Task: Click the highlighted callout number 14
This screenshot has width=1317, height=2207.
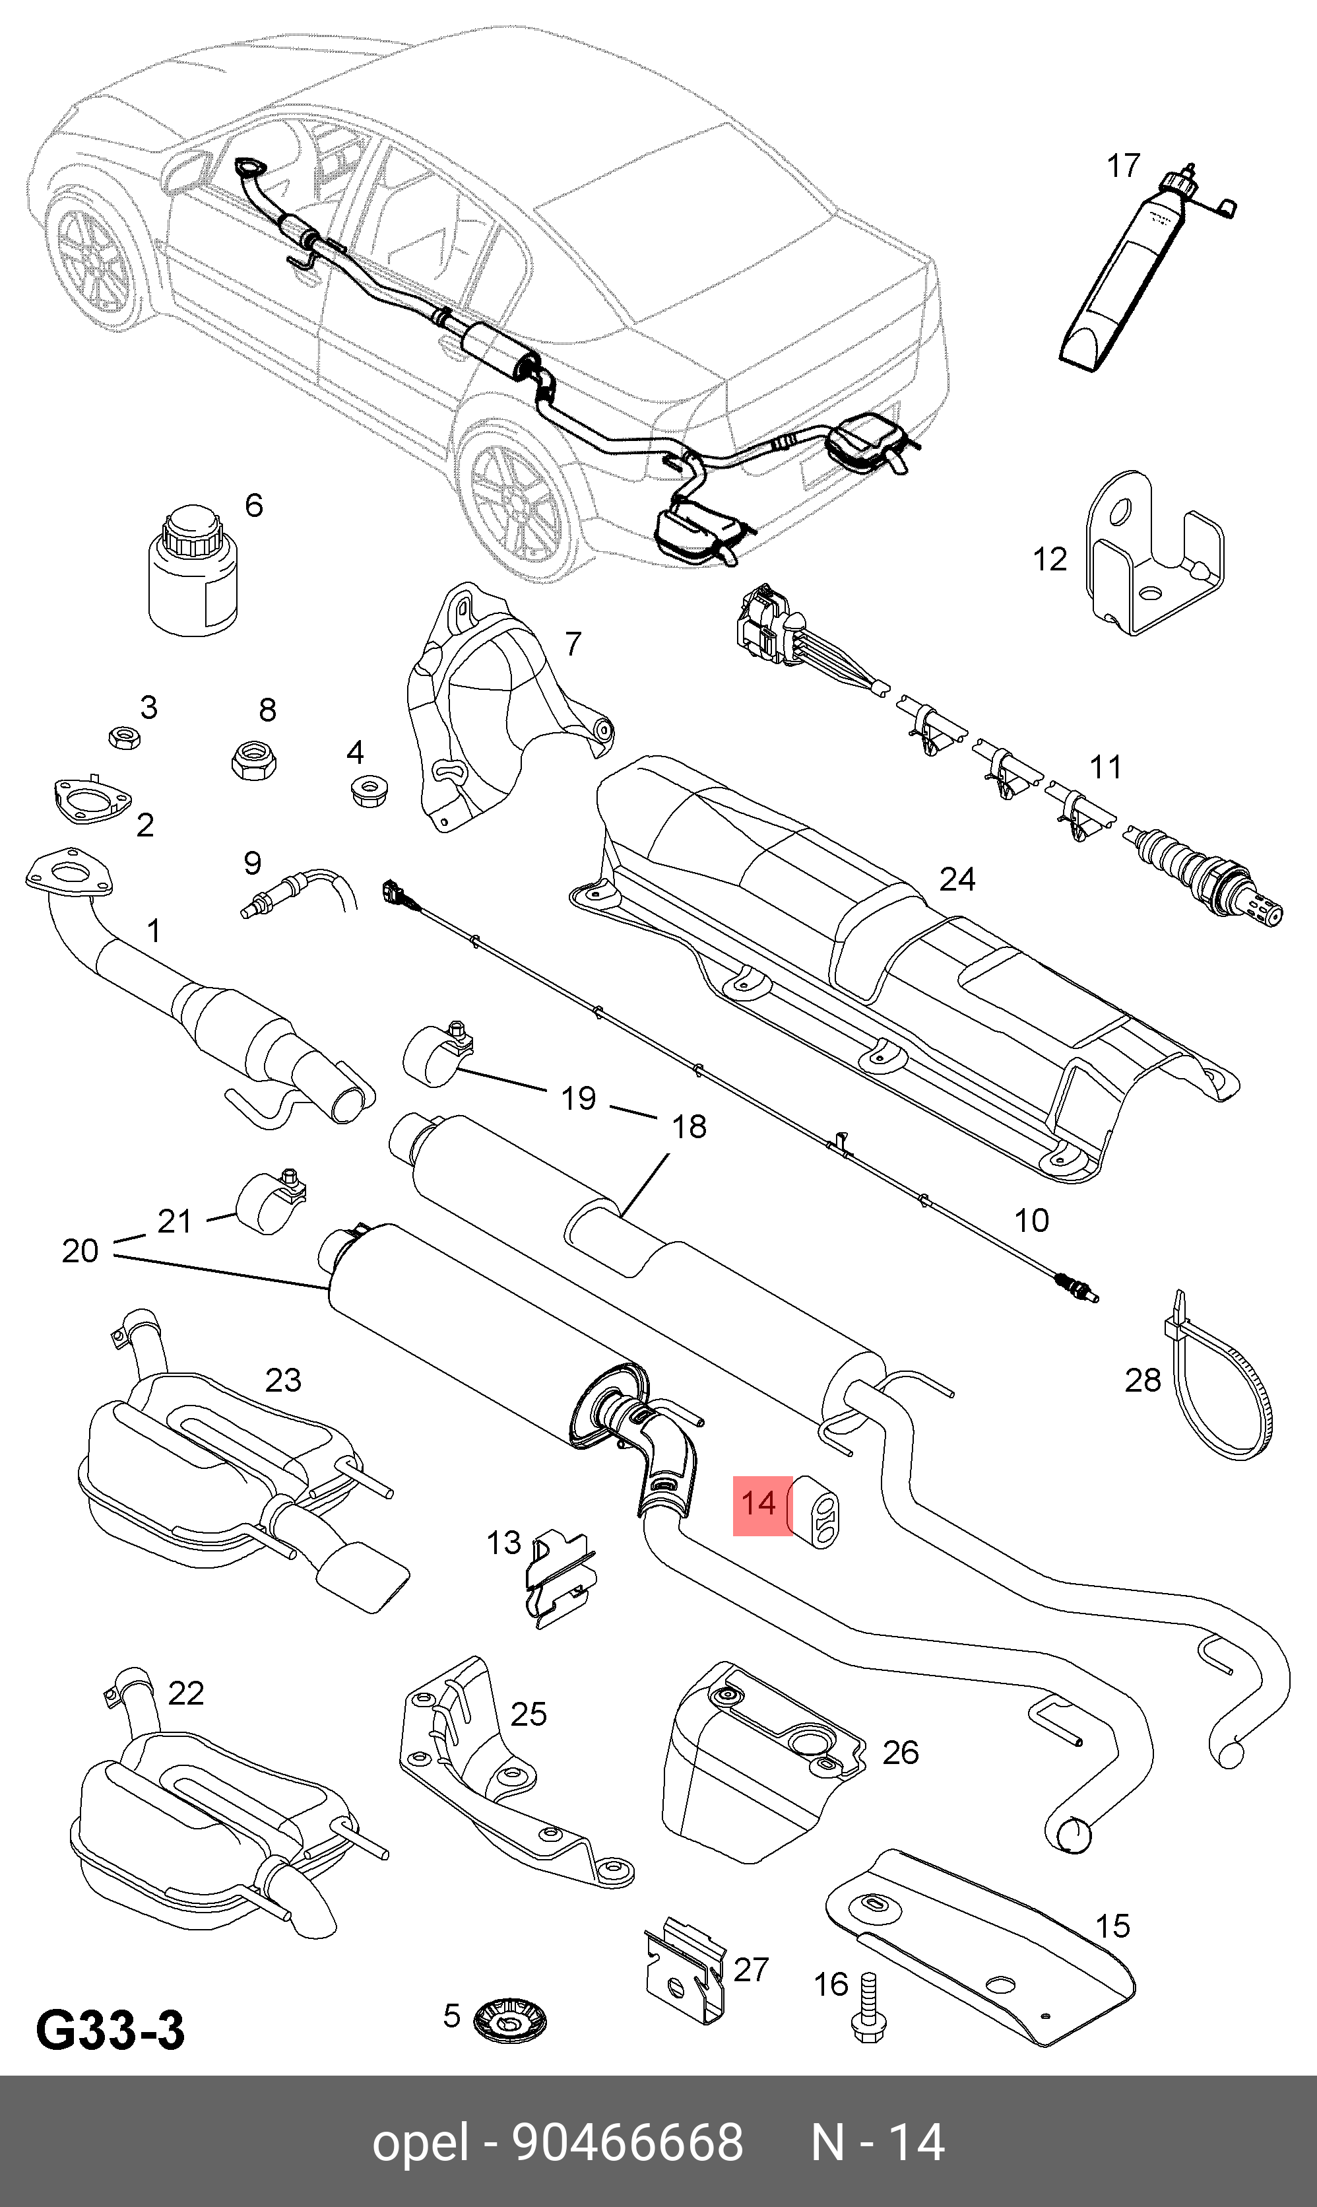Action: [759, 1504]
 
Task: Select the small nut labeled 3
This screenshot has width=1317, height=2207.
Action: [124, 737]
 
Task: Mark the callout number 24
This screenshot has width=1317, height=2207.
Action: [957, 879]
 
